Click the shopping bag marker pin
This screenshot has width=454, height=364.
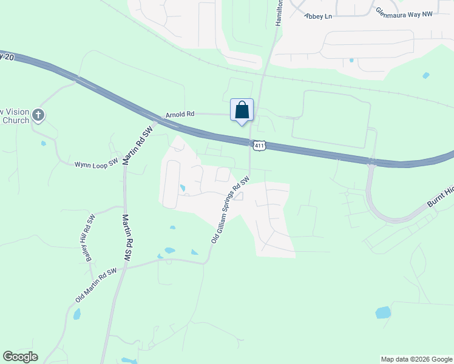[242, 110]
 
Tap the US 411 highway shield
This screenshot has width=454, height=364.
[259, 146]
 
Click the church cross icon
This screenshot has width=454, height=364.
[38, 114]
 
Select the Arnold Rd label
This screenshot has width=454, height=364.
[180, 113]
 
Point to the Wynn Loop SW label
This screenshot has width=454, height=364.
[96, 164]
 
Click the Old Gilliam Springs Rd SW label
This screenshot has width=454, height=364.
[231, 210]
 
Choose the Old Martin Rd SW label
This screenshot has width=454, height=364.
[96, 285]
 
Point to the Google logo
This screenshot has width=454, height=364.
[20, 357]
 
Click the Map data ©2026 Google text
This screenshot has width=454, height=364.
[416, 359]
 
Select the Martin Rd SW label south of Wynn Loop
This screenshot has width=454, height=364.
[127, 237]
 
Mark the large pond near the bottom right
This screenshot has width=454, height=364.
[383, 312]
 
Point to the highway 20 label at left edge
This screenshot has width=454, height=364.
[7, 56]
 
